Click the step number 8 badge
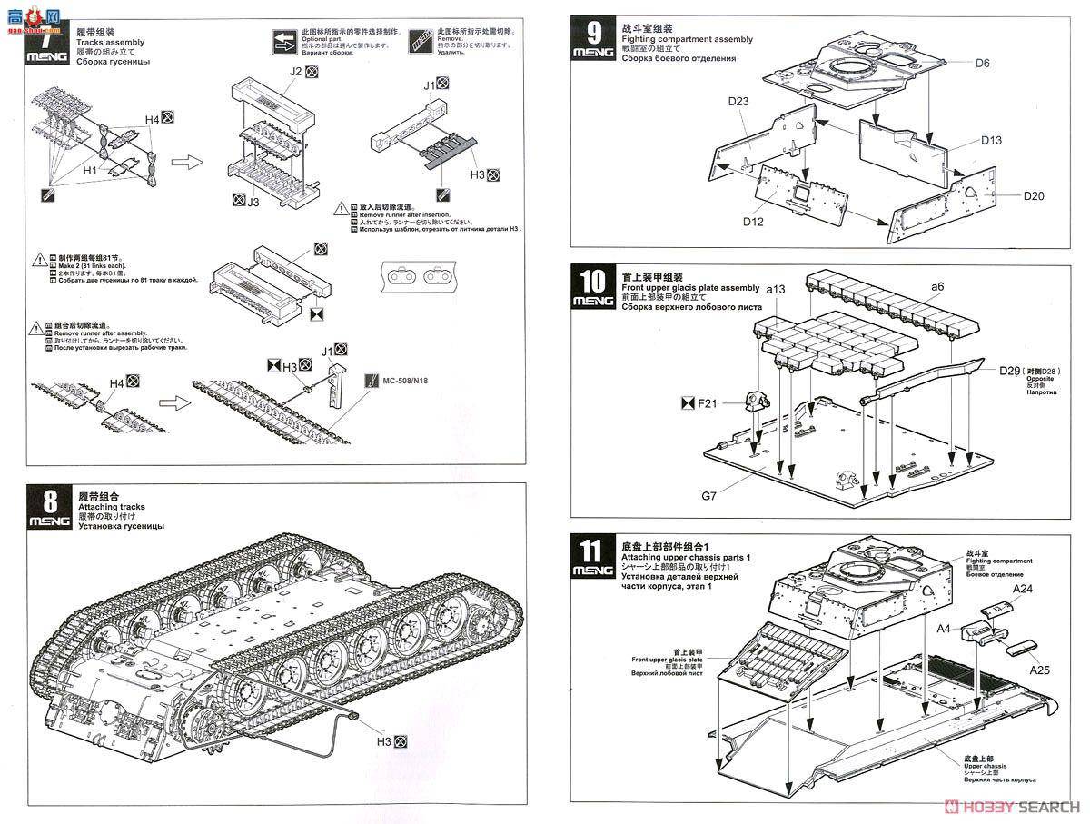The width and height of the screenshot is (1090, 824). click(x=49, y=508)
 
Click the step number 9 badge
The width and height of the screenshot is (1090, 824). click(x=593, y=39)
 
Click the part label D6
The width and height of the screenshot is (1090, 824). click(x=982, y=63)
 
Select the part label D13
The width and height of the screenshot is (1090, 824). click(x=991, y=141)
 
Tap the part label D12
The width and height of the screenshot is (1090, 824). click(x=753, y=221)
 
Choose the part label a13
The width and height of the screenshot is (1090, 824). click(x=775, y=288)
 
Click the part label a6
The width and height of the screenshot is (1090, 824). click(x=936, y=286)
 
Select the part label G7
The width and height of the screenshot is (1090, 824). click(x=708, y=496)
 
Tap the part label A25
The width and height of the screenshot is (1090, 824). click(x=1040, y=670)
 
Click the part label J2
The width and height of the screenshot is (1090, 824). click(x=295, y=71)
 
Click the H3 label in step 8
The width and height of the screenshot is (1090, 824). click(x=384, y=742)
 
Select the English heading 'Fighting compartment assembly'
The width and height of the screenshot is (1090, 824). click(x=688, y=40)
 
